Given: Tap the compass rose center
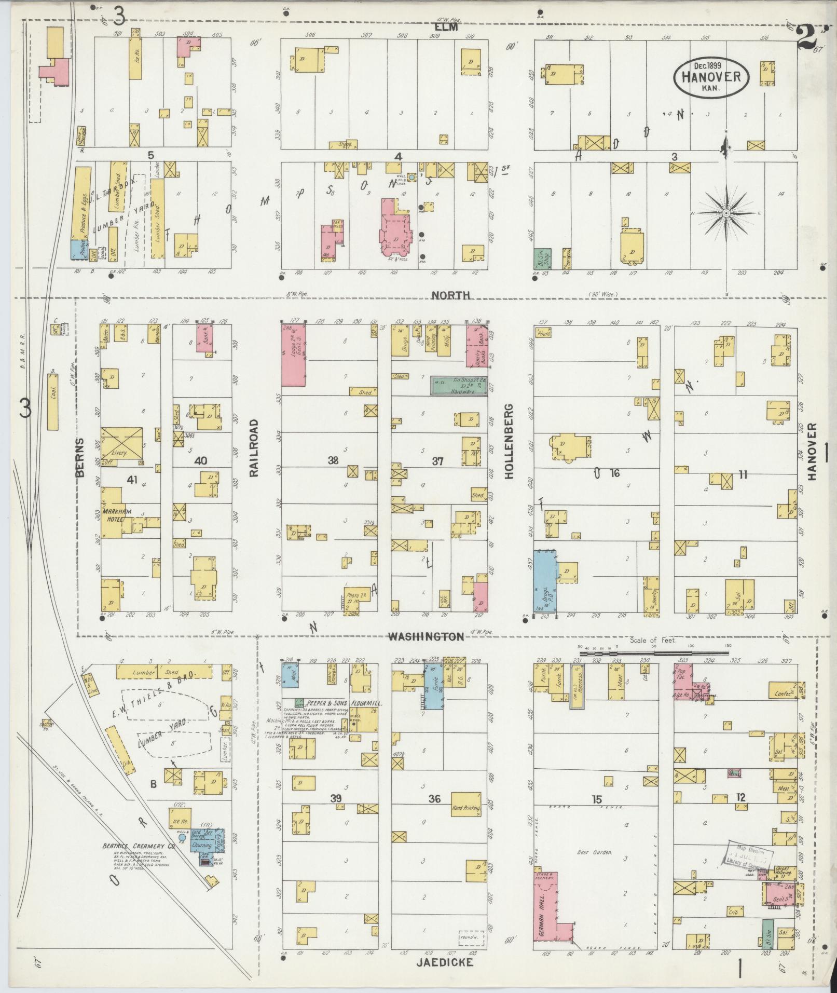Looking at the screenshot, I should click(726, 213).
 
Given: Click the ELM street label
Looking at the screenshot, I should click(446, 27).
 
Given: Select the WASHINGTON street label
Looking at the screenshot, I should click(426, 636).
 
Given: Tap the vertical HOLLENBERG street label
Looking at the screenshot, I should click(509, 441).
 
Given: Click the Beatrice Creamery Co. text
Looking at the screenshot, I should click(139, 846).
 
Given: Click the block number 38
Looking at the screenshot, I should click(333, 460).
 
